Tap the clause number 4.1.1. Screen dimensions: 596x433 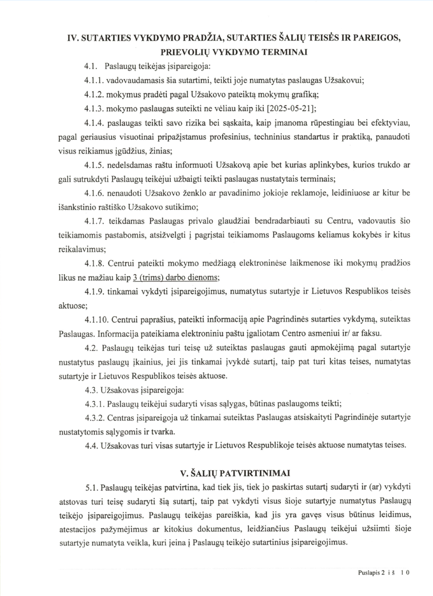pos(95,80)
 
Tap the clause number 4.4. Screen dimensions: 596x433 pos(92,446)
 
